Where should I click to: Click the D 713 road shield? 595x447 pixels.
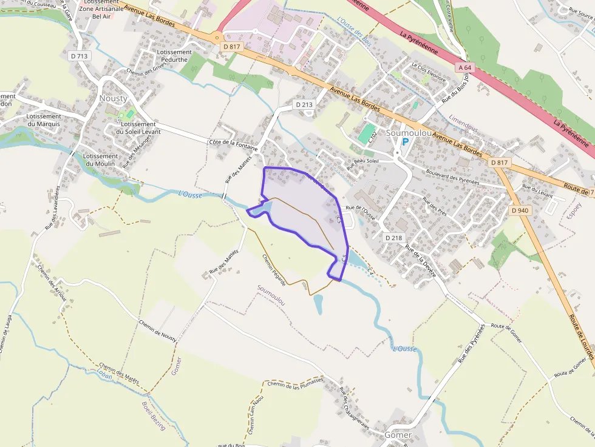[x=80, y=56]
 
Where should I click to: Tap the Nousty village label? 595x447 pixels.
[x=114, y=98]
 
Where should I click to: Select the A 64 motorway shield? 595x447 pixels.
[x=465, y=67]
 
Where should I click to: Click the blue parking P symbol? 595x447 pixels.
[x=406, y=141]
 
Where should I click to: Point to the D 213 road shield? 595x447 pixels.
[x=305, y=104]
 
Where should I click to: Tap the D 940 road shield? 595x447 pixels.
[x=520, y=210]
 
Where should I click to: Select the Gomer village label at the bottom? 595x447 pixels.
[x=398, y=435]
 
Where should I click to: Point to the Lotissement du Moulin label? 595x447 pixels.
[x=100, y=160]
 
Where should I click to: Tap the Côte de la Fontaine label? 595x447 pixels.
[x=233, y=145]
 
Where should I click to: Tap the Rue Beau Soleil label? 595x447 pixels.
[x=362, y=162]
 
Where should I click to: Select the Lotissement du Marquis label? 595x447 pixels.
[x=44, y=120]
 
